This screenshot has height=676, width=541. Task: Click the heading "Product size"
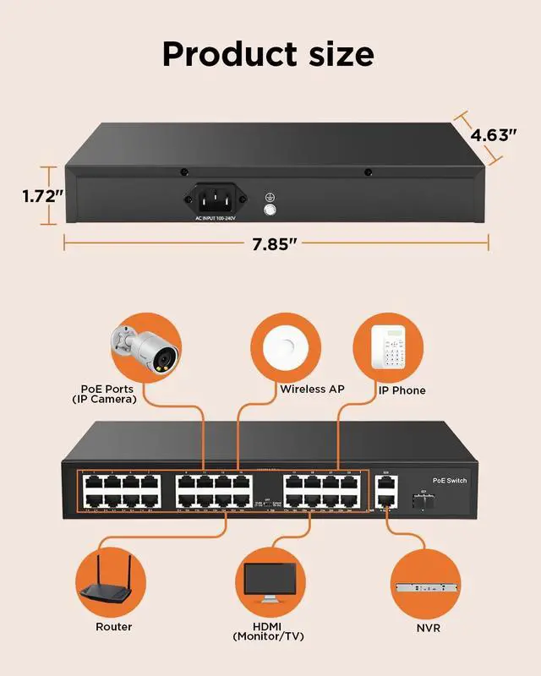(268, 54)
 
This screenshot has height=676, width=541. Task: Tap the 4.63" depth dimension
(494, 135)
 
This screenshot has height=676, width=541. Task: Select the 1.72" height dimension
(42, 196)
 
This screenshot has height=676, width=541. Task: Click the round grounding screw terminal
(271, 210)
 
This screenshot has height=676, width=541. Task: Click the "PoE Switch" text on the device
(449, 480)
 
